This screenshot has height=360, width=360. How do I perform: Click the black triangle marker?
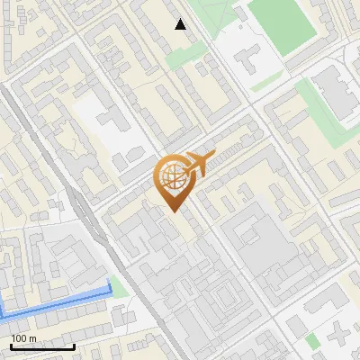[181, 24]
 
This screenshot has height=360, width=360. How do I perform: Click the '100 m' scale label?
[23, 338]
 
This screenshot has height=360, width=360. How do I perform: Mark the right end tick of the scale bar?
[74, 346]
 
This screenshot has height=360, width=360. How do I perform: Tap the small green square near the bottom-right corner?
[312, 341]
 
